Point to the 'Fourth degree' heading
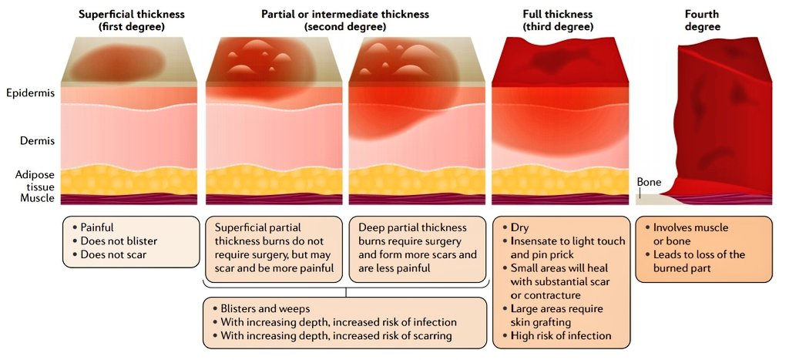click(702, 20)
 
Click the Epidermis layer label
click(30, 93)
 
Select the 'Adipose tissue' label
click(35, 180)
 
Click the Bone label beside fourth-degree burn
click(649, 182)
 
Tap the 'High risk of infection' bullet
click(560, 335)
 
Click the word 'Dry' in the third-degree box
click(519, 228)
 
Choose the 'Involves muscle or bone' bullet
click(690, 234)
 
